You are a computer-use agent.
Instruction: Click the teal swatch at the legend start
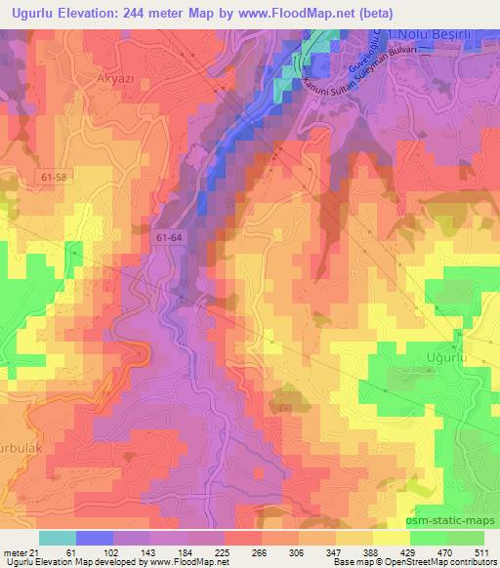58,538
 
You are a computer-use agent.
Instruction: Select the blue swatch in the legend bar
95,538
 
